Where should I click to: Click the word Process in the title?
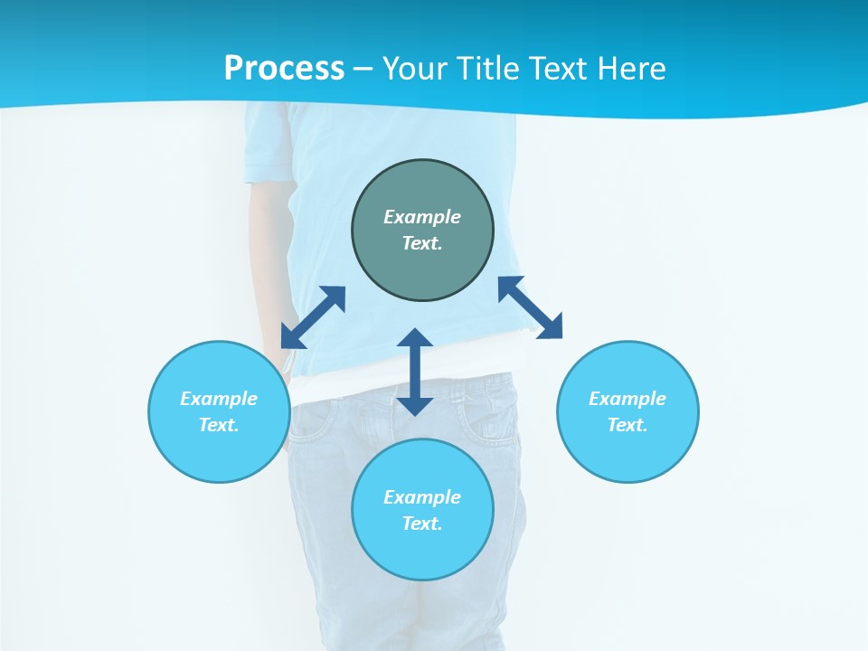point(284,69)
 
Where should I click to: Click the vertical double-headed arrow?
point(415,372)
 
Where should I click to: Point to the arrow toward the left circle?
point(313,317)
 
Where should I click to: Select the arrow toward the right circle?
point(530,307)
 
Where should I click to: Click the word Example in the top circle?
point(422,217)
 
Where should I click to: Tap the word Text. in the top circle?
point(422,243)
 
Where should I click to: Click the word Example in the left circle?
point(219,399)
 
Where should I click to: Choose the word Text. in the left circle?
point(219,425)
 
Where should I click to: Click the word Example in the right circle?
point(627,399)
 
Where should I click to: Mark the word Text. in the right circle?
point(627,425)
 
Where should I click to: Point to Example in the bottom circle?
point(422,497)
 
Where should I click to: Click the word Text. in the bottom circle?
point(422,524)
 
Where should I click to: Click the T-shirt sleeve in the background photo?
point(269,145)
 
